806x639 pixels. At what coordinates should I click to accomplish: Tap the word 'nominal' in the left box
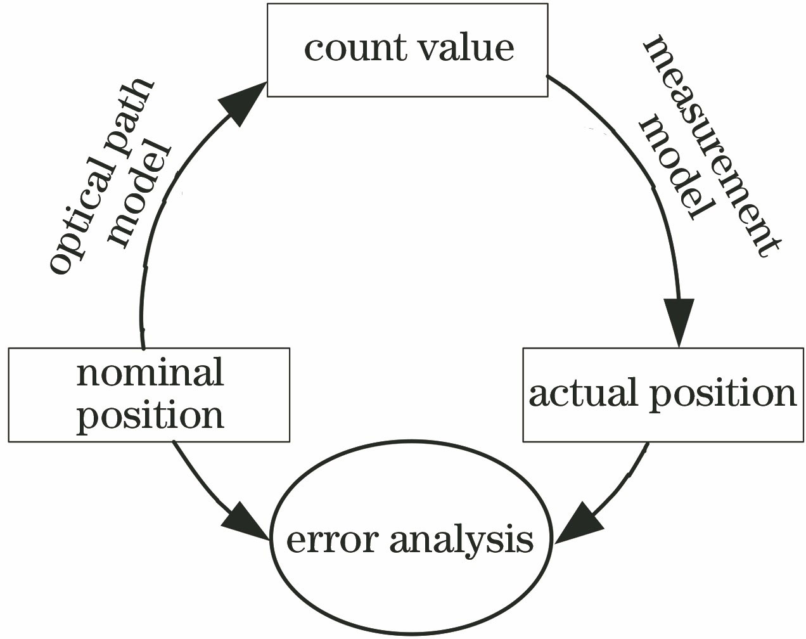pos(150,372)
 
